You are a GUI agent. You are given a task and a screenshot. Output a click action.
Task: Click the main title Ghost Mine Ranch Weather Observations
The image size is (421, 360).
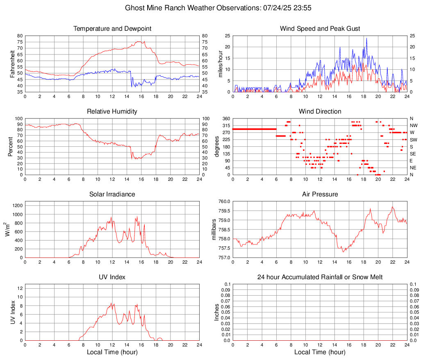point(210,8)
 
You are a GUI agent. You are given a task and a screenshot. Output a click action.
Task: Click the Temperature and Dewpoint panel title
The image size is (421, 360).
point(112,29)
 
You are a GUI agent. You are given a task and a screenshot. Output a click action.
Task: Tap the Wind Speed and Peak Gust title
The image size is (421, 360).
point(320,29)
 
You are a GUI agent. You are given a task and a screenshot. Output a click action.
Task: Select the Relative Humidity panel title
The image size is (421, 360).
point(112,112)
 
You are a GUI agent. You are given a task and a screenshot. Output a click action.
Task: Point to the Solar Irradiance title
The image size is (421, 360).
point(112,194)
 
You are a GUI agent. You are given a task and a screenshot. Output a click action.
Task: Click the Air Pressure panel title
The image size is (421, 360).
point(320,194)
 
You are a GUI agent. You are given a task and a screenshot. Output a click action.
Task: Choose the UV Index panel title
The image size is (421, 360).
point(112,277)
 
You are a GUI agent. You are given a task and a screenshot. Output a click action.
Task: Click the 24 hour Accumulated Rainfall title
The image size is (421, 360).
point(320,277)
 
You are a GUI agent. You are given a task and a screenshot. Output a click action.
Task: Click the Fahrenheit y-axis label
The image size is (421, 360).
point(11,64)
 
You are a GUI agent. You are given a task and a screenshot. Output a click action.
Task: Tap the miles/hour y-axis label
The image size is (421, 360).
point(220,64)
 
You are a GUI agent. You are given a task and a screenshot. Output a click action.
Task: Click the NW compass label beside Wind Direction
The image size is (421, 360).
point(413,125)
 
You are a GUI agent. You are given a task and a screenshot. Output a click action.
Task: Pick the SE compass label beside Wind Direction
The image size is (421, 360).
point(413,154)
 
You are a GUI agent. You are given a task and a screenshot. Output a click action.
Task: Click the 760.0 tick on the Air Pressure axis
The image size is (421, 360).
point(224,201)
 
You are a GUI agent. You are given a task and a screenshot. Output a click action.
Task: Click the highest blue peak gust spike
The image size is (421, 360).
point(366,39)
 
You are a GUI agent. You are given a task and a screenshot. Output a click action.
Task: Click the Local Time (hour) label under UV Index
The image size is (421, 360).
point(112,352)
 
